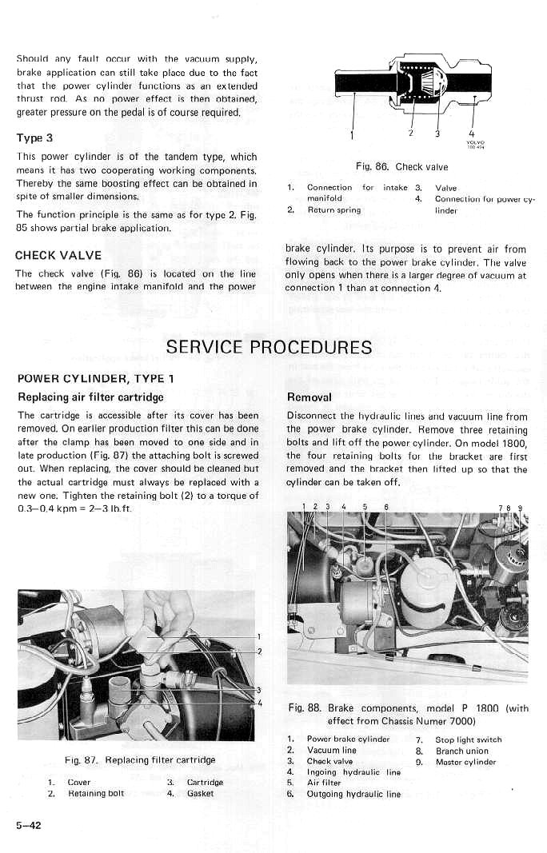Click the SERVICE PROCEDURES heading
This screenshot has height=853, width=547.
pyautogui.click(x=269, y=347)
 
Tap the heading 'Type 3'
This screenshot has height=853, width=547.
pyautogui.click(x=34, y=138)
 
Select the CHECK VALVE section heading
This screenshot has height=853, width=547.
pyautogui.click(x=58, y=256)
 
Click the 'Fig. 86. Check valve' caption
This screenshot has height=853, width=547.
pyautogui.click(x=401, y=167)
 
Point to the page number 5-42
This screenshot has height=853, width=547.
pyautogui.click(x=28, y=825)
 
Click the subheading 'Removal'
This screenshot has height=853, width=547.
pyautogui.click(x=309, y=397)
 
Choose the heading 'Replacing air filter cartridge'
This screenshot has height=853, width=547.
pyautogui.click(x=90, y=397)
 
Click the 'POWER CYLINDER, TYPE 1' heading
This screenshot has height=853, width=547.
pyautogui.click(x=94, y=378)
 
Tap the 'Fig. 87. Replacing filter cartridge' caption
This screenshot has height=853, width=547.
pyautogui.click(x=140, y=759)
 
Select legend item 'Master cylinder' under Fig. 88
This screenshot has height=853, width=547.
pyautogui.click(x=465, y=762)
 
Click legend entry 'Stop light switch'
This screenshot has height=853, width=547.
pyautogui.click(x=469, y=739)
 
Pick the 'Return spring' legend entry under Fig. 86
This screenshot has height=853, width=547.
pyautogui.click(x=333, y=210)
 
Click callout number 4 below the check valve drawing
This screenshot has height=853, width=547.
pyautogui.click(x=472, y=133)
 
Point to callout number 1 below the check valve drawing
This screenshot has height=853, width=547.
pyautogui.click(x=352, y=134)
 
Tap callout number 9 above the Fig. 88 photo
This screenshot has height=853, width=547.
pyautogui.click(x=520, y=507)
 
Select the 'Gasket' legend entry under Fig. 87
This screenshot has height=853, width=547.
pyautogui.click(x=202, y=794)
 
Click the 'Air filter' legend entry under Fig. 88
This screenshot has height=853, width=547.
pyautogui.click(x=324, y=783)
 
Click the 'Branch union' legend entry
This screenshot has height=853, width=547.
pyautogui.click(x=461, y=751)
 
